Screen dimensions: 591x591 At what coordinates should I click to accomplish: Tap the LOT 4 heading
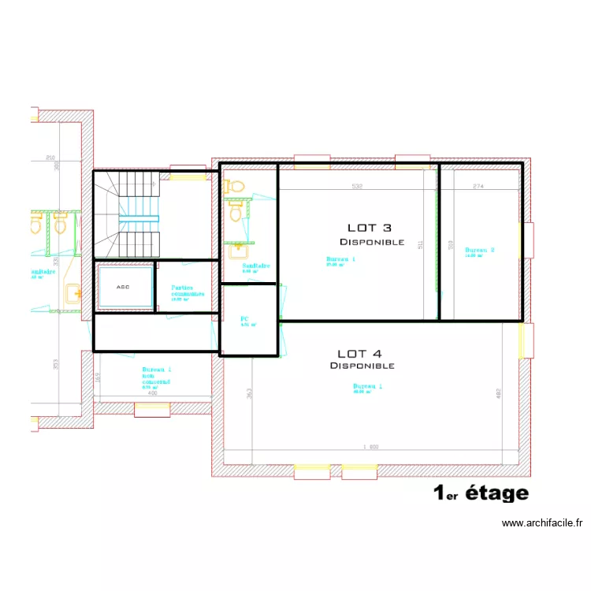click(x=361, y=354)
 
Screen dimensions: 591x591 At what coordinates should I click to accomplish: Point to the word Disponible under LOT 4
click(x=362, y=366)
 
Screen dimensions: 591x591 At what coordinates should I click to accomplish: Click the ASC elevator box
click(x=123, y=287)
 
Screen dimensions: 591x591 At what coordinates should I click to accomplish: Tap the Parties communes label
click(x=188, y=291)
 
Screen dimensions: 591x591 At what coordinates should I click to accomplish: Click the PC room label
click(x=244, y=319)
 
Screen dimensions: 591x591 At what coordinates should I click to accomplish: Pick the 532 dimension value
click(x=357, y=187)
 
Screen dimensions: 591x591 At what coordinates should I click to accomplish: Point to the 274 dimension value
click(x=478, y=187)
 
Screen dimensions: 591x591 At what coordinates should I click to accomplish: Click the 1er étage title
click(x=481, y=493)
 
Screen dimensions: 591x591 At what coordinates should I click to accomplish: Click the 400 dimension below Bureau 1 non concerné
click(x=152, y=395)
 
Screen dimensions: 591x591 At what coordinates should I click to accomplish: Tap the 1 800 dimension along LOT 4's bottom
click(x=370, y=447)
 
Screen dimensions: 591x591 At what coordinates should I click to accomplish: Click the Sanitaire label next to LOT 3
click(x=256, y=266)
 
